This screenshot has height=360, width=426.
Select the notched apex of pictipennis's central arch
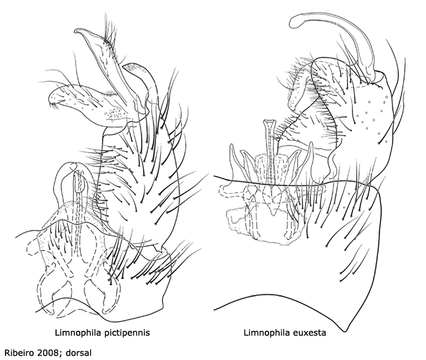74,165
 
